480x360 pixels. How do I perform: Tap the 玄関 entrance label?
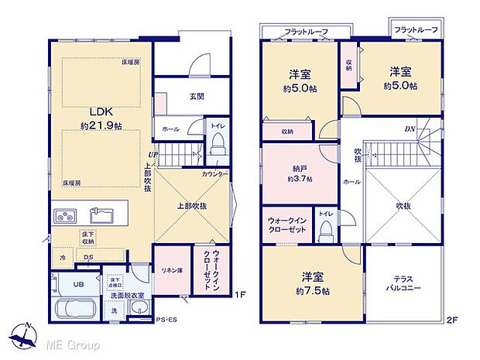[x=196, y=97]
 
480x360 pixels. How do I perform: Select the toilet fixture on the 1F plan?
[x=218, y=142]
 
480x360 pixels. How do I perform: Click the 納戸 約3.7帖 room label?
[x=299, y=173]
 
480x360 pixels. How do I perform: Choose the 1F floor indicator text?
[x=240, y=295]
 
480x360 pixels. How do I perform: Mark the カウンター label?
[x=214, y=175]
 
